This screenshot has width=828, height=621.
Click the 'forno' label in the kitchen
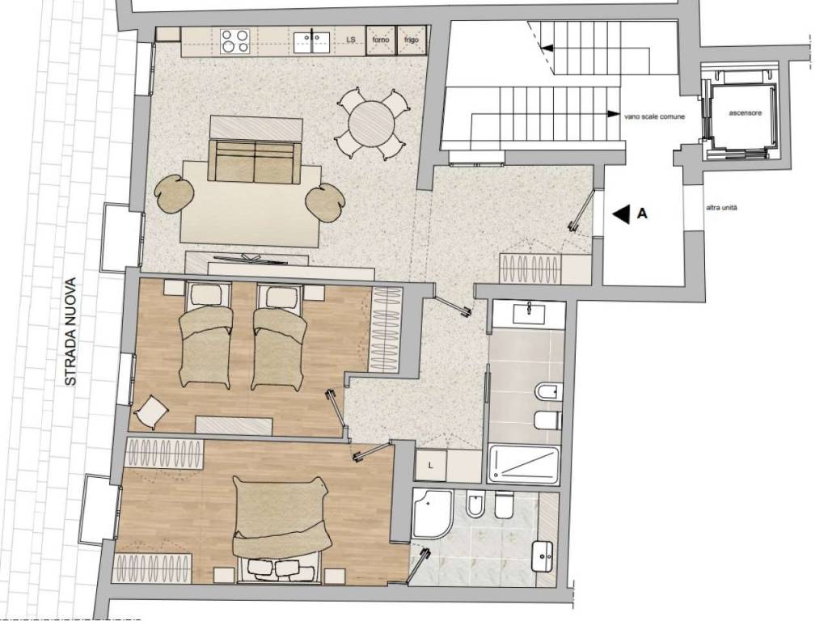(381, 40)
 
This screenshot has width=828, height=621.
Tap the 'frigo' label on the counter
(412, 40)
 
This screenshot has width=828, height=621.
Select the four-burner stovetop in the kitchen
(235, 40)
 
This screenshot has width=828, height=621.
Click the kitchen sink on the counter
(312, 42)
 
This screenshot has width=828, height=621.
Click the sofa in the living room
(255, 161)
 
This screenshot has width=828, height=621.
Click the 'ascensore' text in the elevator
(745, 112)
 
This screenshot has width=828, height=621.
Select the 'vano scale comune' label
(654, 116)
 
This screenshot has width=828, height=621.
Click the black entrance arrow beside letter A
(621, 213)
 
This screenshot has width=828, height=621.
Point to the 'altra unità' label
(721, 208)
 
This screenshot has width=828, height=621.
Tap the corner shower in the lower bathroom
(433, 513)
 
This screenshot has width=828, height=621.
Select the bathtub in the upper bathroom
(524, 465)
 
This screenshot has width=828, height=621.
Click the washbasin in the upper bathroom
(529, 314)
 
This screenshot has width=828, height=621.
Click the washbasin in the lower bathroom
(542, 556)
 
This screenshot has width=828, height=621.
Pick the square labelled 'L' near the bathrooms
(431, 465)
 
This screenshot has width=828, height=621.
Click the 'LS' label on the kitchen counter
(351, 40)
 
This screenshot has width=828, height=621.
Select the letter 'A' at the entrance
(642, 213)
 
